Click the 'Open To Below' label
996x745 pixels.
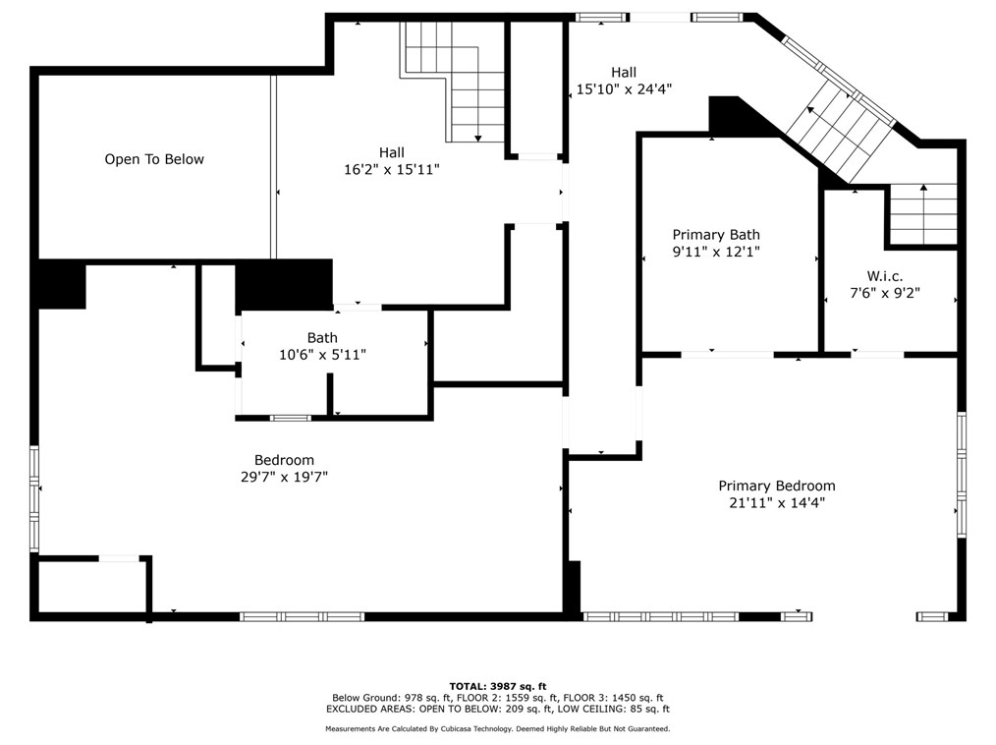154,159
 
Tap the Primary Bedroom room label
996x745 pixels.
777,487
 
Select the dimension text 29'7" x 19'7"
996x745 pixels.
284,477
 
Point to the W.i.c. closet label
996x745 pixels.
885,276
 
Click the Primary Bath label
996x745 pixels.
716,235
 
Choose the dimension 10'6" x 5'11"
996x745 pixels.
323,355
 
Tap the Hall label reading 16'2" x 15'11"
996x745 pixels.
392,170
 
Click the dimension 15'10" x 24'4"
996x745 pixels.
624,89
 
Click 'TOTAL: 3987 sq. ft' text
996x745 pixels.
498,686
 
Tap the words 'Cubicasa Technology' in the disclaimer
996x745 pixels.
474,729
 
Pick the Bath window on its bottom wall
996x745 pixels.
291,419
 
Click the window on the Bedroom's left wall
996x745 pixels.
34,498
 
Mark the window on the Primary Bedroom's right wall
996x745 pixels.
961,475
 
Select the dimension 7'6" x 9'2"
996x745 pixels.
885,293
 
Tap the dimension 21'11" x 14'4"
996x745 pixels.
777,503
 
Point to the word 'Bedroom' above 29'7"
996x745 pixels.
284,460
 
